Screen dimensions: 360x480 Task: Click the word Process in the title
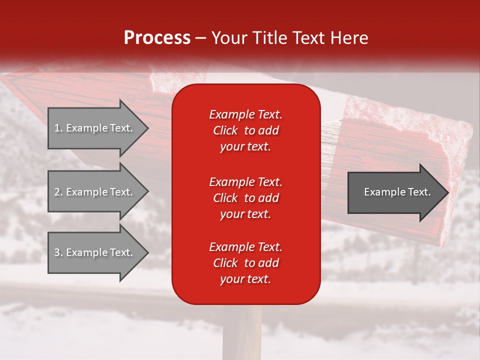[157, 38]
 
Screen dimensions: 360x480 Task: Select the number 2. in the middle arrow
[58, 192]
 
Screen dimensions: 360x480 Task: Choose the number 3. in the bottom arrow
[58, 252]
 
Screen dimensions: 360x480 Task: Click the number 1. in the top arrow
[58, 128]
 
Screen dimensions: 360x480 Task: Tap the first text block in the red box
[245, 130]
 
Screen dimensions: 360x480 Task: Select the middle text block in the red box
[245, 198]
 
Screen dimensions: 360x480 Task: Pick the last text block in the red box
[245, 263]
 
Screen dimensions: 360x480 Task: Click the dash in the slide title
[200, 38]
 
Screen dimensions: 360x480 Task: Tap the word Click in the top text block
[225, 130]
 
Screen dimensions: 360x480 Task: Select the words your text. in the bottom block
[245, 279]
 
